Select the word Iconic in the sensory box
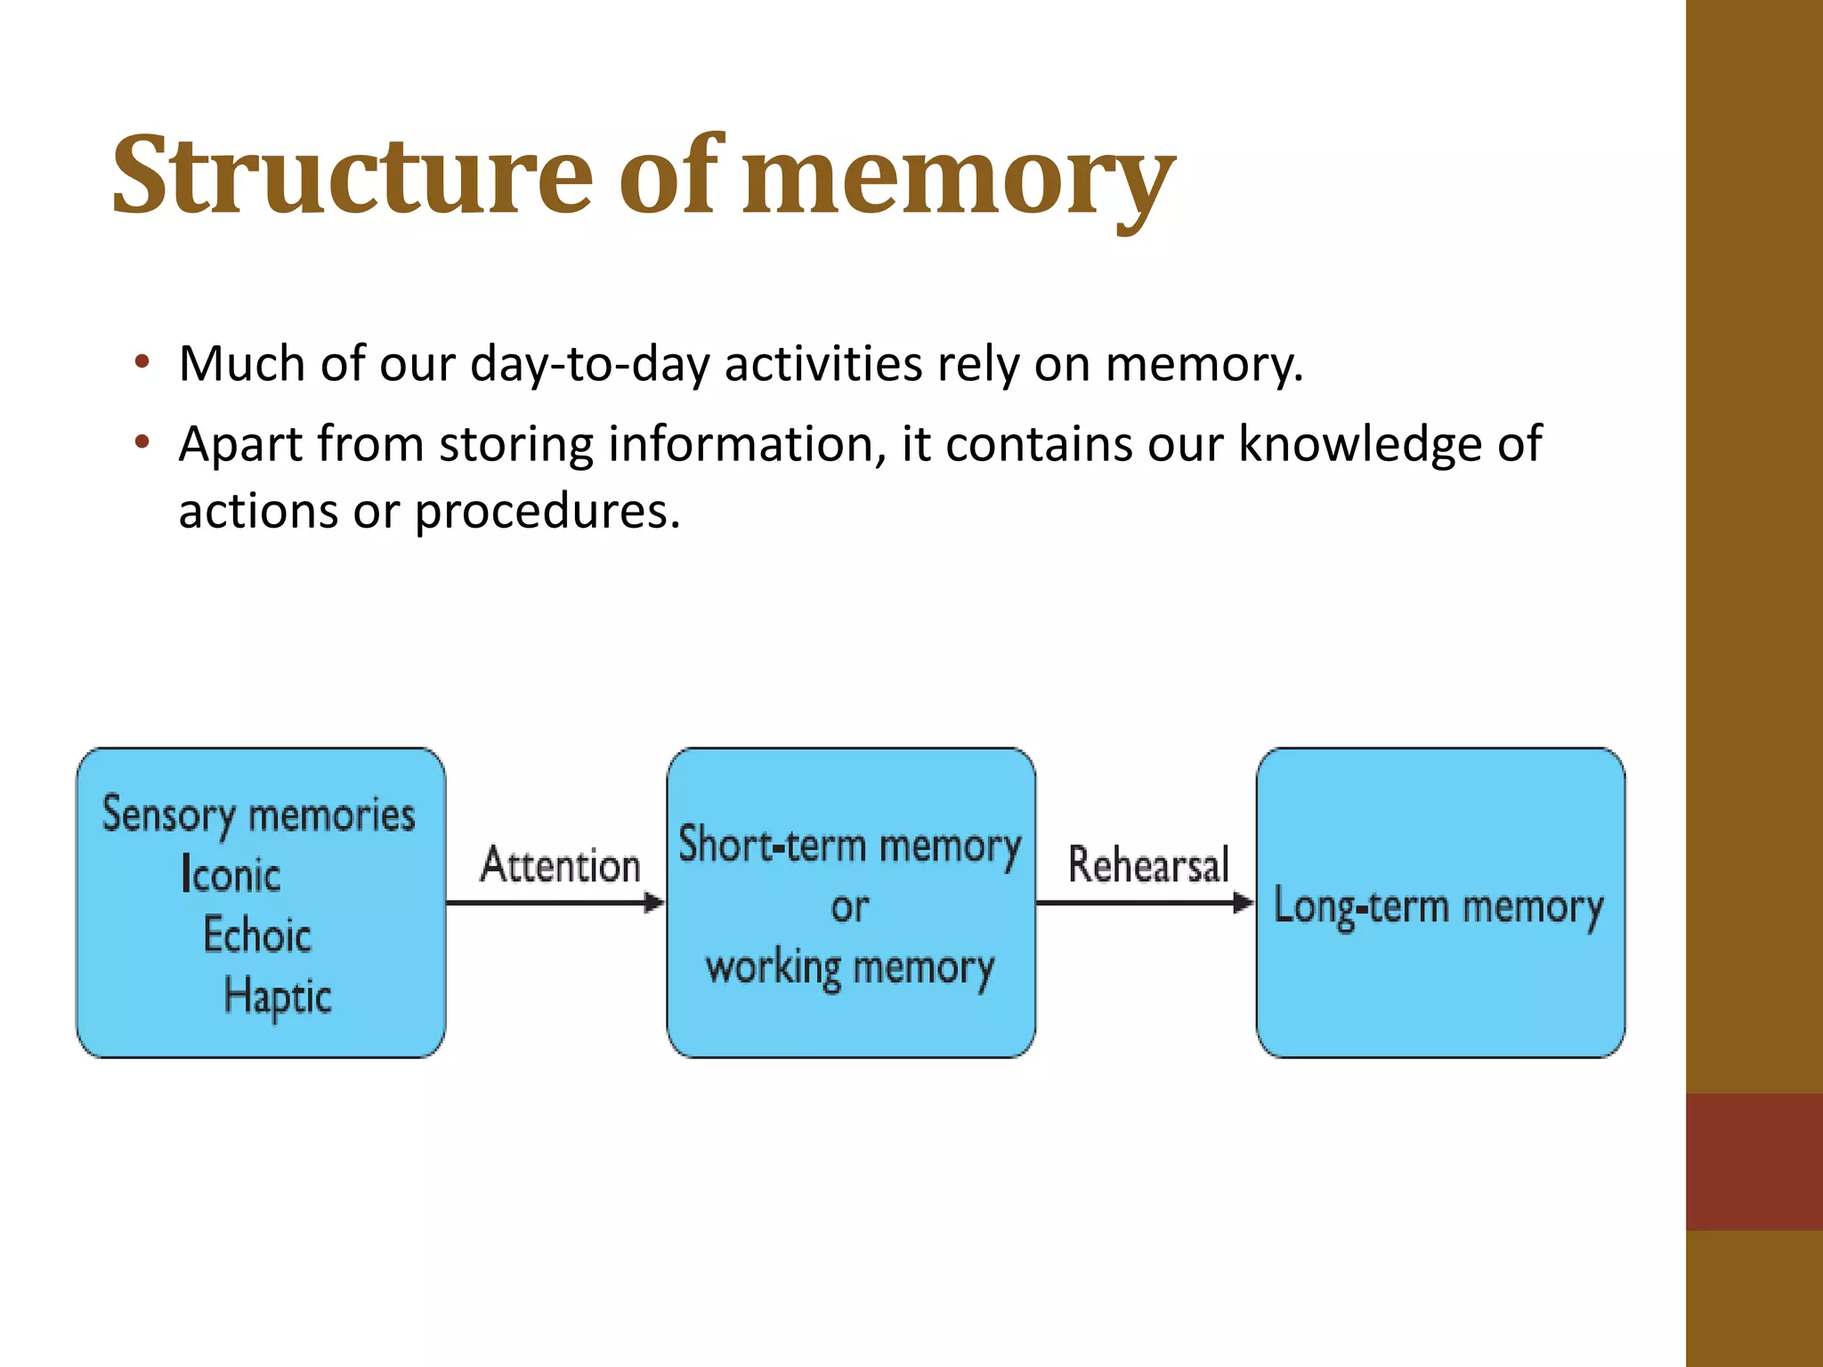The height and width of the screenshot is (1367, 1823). (231, 874)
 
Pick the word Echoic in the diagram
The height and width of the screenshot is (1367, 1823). (257, 934)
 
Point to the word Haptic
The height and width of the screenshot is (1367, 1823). (278, 996)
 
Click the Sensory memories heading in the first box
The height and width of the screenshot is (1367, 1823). (258, 814)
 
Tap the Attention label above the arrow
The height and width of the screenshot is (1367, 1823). (561, 865)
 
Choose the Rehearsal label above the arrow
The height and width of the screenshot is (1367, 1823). (1148, 865)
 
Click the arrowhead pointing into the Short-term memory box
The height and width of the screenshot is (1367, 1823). (654, 903)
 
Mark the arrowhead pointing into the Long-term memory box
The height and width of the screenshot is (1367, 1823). (1244, 903)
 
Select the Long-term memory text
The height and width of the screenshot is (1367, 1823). (1438, 907)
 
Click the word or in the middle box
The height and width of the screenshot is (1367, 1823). (850, 907)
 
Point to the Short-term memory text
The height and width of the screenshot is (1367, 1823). (850, 845)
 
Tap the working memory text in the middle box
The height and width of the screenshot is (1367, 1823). (850, 967)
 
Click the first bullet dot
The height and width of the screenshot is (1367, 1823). (142, 363)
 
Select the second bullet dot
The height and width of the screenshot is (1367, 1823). (142, 443)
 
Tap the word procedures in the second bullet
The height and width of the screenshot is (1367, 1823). (547, 512)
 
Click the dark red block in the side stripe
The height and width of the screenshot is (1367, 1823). (1754, 1161)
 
